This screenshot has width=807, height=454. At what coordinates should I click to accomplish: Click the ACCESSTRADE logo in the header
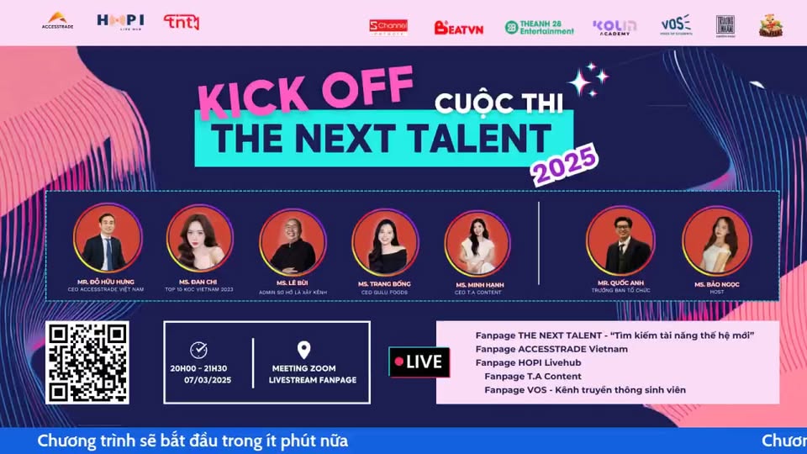tap(57, 21)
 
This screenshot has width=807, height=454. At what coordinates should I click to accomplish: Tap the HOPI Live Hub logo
tap(120, 21)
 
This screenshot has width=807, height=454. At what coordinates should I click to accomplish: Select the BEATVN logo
tap(458, 27)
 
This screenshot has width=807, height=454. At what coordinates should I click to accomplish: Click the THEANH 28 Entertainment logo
tap(540, 27)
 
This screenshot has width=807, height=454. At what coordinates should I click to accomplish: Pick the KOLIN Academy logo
tap(614, 27)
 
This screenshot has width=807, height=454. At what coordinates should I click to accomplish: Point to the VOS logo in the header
tap(675, 24)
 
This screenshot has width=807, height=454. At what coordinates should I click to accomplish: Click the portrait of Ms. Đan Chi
tap(199, 239)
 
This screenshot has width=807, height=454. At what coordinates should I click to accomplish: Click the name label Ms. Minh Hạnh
tap(480, 285)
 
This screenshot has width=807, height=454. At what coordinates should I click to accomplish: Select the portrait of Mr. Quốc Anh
tap(620, 240)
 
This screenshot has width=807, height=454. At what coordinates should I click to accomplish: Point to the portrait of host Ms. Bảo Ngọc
tap(716, 240)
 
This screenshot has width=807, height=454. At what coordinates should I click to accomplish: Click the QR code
tap(87, 362)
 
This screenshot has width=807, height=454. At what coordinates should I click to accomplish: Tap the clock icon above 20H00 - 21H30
tap(199, 350)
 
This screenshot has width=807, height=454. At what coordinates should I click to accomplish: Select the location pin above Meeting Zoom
tap(304, 350)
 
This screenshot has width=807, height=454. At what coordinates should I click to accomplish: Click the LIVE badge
tap(419, 362)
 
